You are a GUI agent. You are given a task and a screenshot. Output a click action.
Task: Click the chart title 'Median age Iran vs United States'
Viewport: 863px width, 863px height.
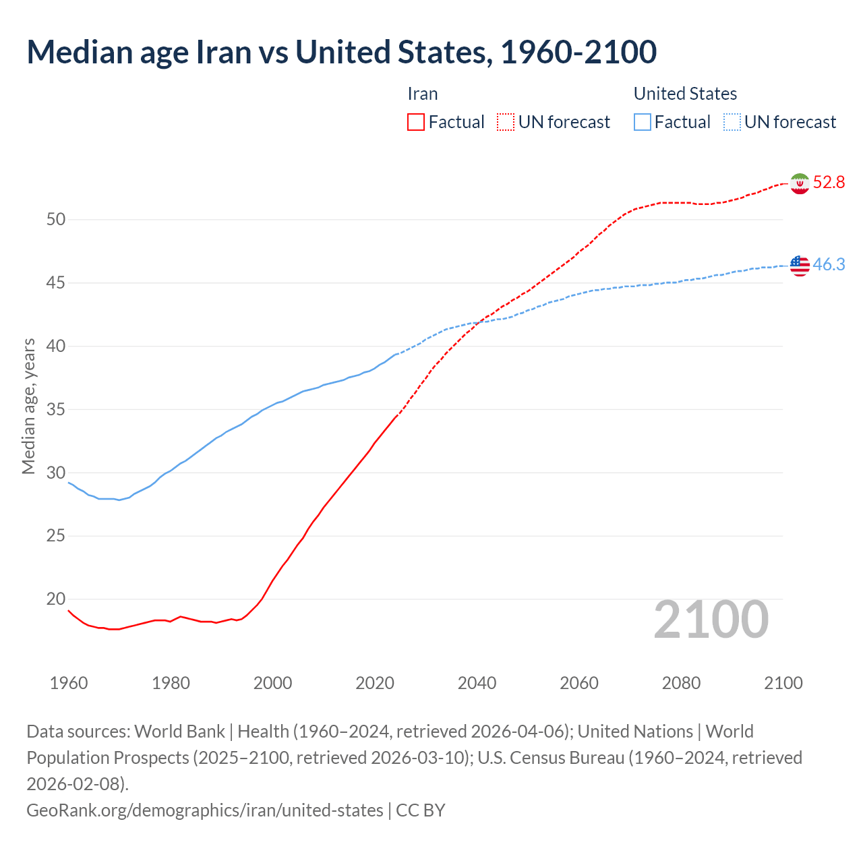point(341,53)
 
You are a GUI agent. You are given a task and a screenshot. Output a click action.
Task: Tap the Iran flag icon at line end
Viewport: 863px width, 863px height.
point(800,183)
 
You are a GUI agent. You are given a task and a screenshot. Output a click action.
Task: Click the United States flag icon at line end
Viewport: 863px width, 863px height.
point(800,266)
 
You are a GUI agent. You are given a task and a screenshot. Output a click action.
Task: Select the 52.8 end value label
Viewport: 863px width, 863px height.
point(829,183)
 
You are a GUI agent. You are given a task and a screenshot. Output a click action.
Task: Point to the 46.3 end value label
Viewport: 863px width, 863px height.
point(829,265)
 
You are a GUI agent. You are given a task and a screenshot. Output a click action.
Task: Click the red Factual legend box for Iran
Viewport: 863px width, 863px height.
point(416,122)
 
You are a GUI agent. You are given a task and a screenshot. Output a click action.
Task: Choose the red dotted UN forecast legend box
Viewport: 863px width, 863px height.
point(506,122)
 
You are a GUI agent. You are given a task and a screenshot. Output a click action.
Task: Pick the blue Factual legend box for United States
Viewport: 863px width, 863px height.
point(643,122)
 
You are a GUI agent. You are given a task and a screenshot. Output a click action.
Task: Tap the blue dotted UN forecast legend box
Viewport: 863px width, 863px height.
point(732,122)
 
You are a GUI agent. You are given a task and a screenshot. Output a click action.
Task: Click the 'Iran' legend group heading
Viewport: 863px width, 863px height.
point(423,94)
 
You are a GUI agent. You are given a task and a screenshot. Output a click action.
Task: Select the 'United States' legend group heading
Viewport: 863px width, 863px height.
point(685,94)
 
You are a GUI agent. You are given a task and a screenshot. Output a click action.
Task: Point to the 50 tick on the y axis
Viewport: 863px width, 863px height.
point(56,220)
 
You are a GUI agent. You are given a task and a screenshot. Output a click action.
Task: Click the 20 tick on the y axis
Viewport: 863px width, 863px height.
point(56,599)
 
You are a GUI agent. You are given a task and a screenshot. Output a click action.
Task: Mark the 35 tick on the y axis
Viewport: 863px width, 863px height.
point(56,410)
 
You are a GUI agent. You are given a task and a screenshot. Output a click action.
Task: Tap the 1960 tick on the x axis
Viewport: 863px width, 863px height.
point(69,683)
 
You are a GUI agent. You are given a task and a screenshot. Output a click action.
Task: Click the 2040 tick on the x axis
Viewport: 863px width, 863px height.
point(477,683)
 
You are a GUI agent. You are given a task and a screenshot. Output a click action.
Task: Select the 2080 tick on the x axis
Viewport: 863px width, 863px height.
point(681,683)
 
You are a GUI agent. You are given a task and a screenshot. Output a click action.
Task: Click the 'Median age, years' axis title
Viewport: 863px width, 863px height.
point(28,407)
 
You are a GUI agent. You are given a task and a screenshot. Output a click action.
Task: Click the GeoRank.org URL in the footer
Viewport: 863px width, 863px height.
point(204,810)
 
